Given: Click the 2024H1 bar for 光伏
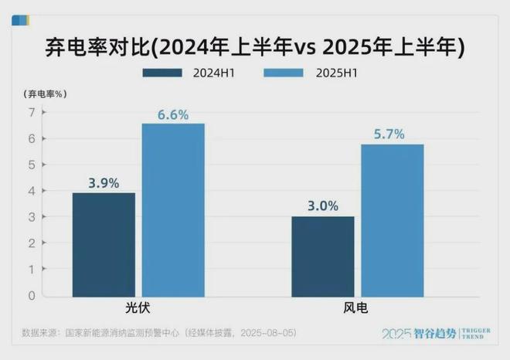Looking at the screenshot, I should tap(104, 244).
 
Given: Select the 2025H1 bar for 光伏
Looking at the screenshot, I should tap(173, 209).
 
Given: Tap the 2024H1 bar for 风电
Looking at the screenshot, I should tap(323, 256).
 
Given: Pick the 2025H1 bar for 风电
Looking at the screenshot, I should tap(393, 220).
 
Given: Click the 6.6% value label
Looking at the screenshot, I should tap(174, 114).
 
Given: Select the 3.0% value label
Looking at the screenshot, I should tap(323, 206).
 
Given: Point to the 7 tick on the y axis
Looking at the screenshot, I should tap(32, 112).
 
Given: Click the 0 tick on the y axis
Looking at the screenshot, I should tap(32, 295).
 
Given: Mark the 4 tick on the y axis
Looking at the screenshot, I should tap(32, 191).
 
